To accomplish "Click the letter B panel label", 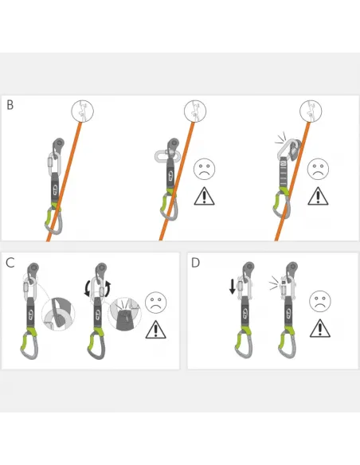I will (10, 104).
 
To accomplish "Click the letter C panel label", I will (10, 262).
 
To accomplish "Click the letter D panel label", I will (195, 262).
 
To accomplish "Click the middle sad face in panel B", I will (204, 169).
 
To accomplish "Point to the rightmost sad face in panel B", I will (319, 169).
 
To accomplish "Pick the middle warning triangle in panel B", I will (204, 196).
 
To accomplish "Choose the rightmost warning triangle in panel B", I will (319, 196).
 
